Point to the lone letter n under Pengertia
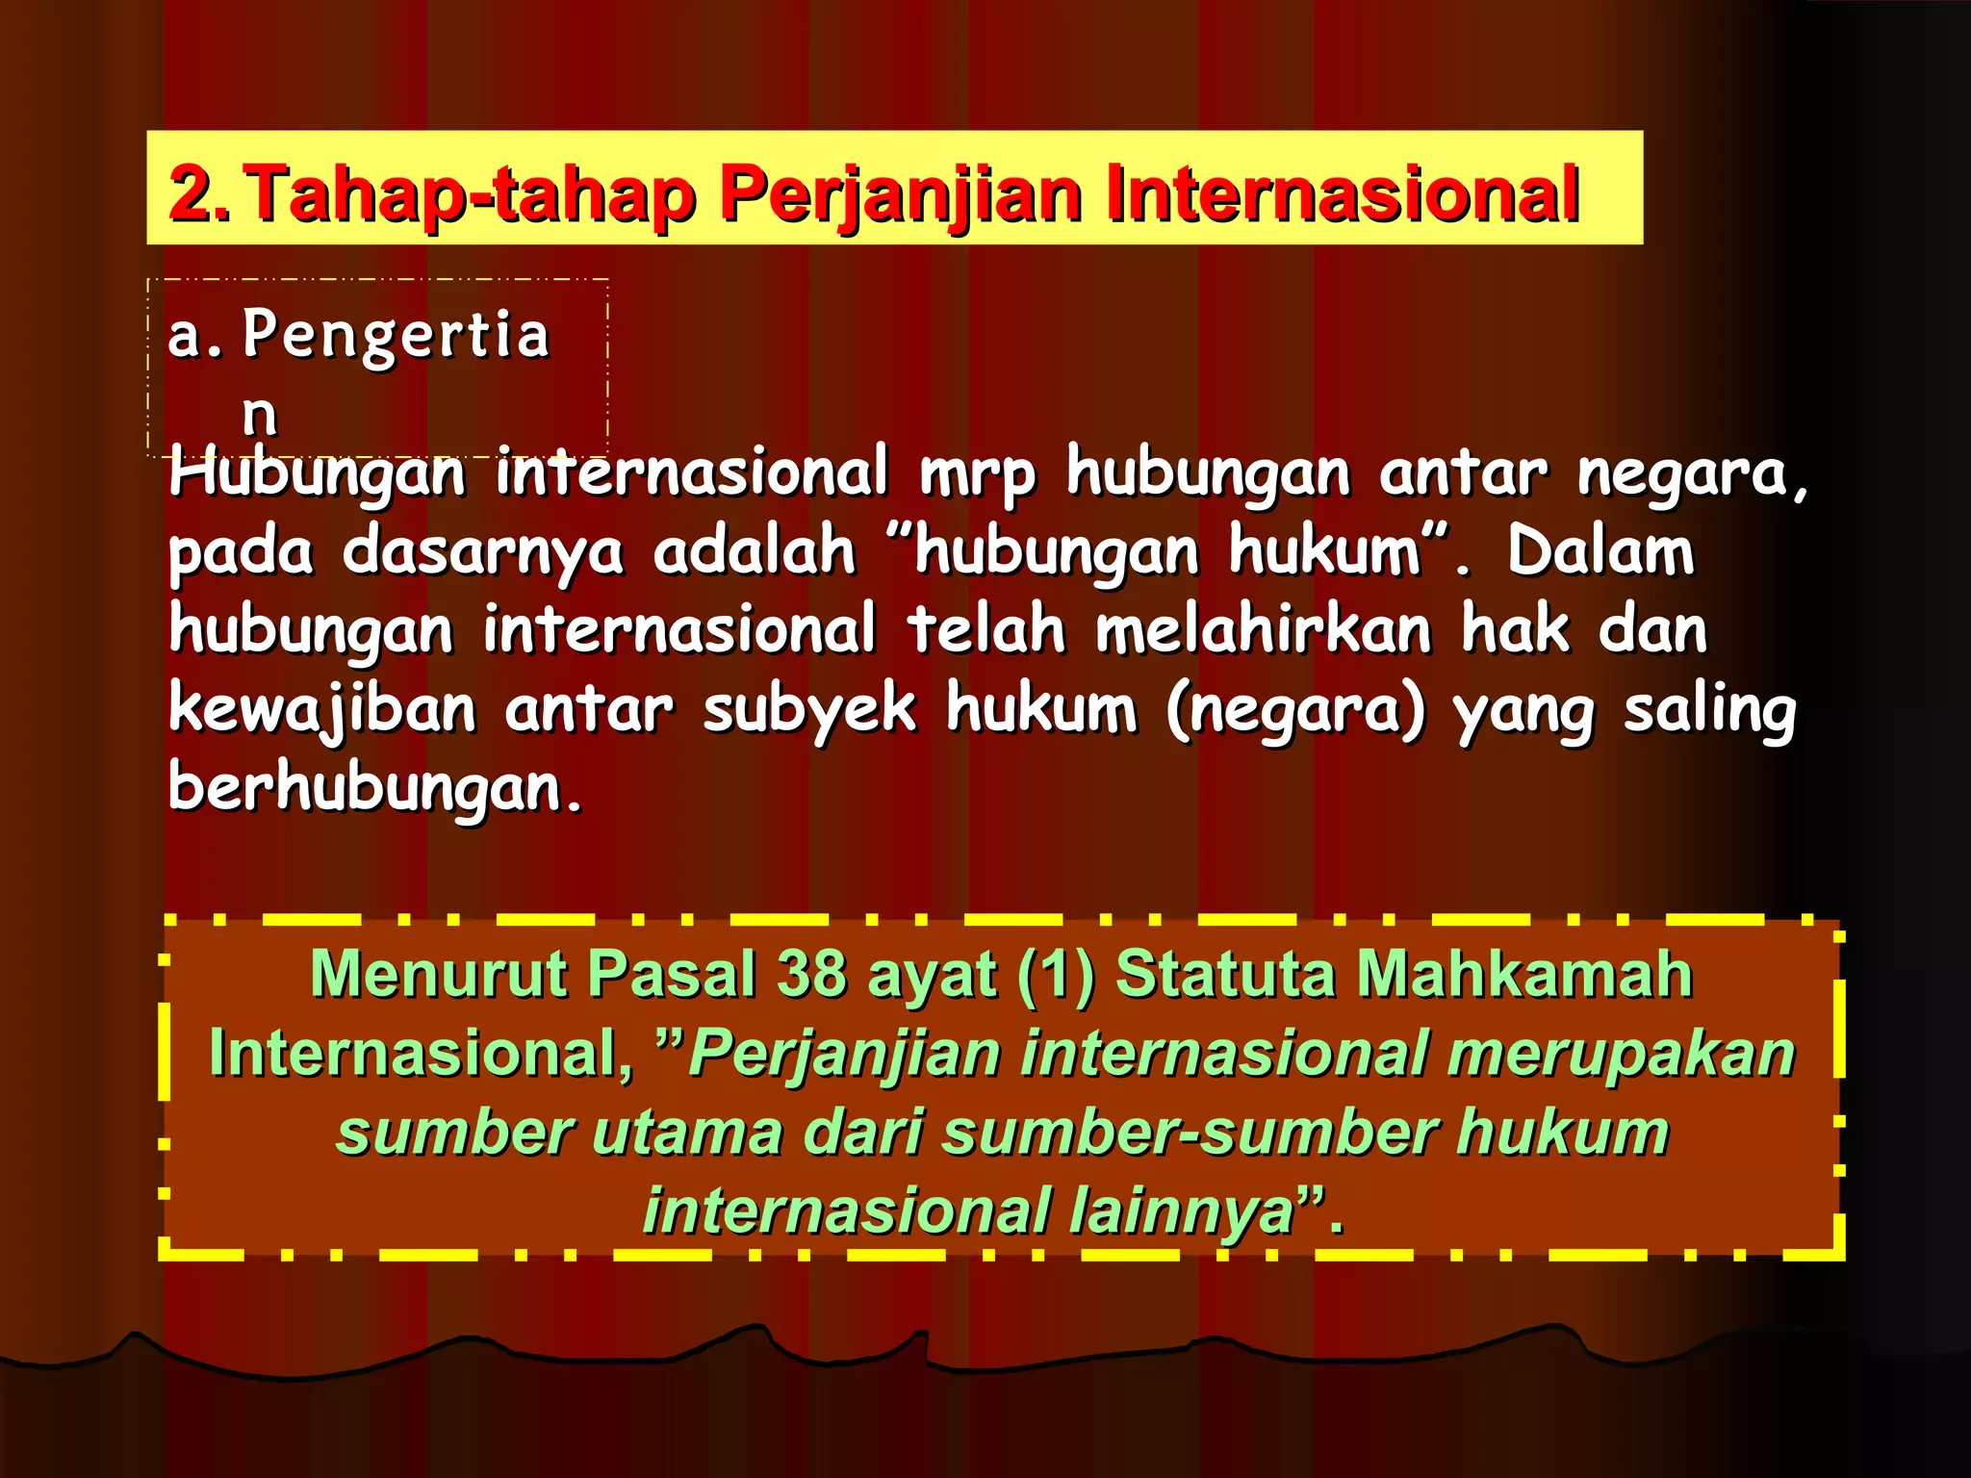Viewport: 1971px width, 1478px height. (x=259, y=414)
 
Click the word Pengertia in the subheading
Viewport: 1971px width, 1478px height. (x=396, y=335)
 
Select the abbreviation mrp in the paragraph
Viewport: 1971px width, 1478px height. (x=977, y=473)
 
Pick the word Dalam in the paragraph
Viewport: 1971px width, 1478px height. (x=1600, y=551)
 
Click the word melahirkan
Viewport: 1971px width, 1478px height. (x=1264, y=630)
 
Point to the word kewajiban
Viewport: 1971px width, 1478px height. (x=322, y=710)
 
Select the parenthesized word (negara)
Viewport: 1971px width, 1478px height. (x=1295, y=710)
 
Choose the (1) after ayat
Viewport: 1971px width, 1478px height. (x=1056, y=975)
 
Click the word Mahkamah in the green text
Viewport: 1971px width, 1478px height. (x=1524, y=974)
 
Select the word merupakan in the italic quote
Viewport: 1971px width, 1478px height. (x=1622, y=1053)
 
